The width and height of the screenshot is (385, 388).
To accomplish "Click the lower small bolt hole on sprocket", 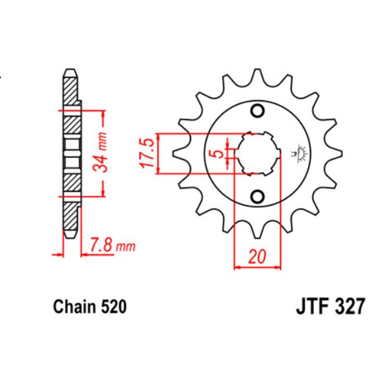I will coord(258,196).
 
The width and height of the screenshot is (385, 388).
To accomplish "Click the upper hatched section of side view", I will coord(70,92).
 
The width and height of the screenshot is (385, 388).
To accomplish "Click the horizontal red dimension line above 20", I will coord(258,267).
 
